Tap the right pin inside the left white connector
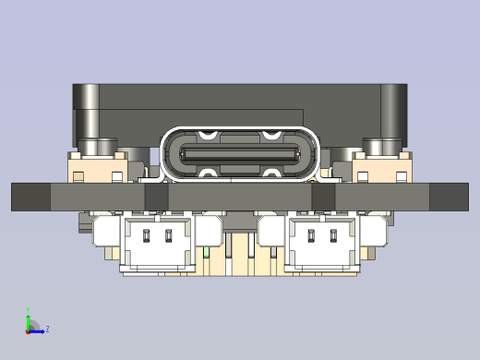coord(169,235)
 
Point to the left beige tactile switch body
coord(96,169)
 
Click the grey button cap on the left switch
coord(97,146)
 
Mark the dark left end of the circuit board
coord(30,197)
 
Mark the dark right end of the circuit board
coord(449,197)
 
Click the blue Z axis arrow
coord(38,330)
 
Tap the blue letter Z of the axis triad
coord(47,329)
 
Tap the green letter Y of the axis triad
coord(29,311)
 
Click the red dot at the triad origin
coord(29,330)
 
